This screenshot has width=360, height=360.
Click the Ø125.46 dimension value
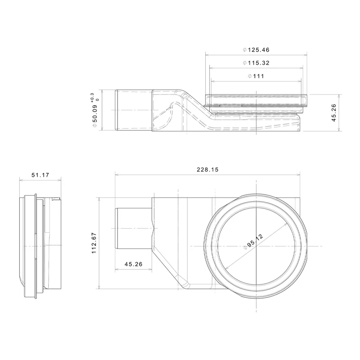coord(256,50)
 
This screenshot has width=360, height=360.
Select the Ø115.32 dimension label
coord(256,63)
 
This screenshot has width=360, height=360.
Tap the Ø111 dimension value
coord(256,76)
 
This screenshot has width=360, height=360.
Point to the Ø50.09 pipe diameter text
coord(95,117)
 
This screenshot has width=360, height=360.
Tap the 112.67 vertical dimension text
coord(94,243)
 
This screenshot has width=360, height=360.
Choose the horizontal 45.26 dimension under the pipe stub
coord(133,264)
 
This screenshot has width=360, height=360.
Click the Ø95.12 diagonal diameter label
coord(255,242)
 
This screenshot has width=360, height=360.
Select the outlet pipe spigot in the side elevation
coord(133,110)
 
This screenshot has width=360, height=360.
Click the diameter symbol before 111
coord(250,76)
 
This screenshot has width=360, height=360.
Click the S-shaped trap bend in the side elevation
coord(180,108)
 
